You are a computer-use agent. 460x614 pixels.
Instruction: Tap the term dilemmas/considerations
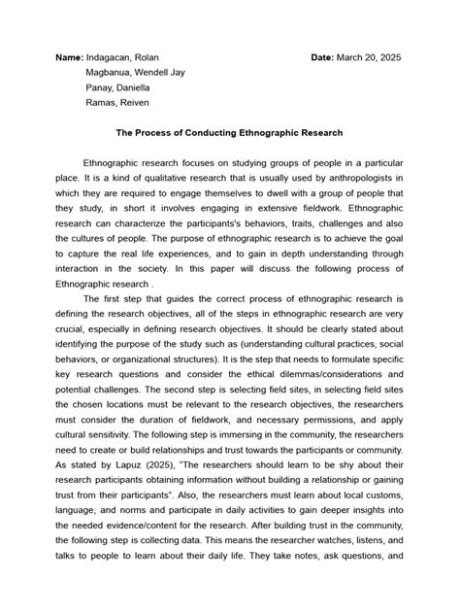(325, 361)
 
